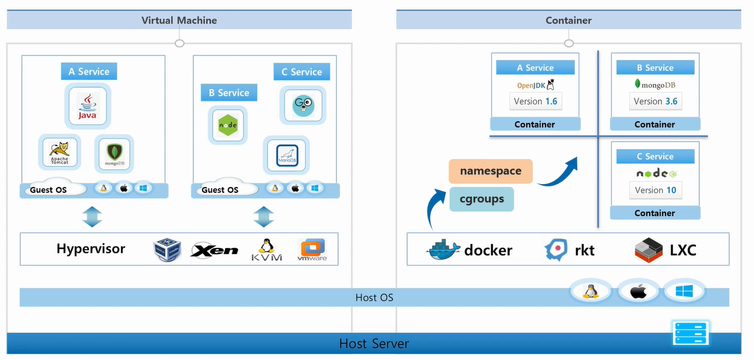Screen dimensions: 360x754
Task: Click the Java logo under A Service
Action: (88, 105)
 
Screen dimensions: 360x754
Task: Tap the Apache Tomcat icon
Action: (59, 154)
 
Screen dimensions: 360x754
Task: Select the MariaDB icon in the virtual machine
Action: (286, 156)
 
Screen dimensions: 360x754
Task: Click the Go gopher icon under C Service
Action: (303, 105)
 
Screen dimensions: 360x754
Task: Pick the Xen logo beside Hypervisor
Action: (214, 250)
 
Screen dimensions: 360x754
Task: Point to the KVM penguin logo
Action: (267, 250)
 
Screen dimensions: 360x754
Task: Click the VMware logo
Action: (312, 250)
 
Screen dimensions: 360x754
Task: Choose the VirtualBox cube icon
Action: (167, 250)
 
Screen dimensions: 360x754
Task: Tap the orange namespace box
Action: (490, 171)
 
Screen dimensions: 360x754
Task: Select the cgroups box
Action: (482, 199)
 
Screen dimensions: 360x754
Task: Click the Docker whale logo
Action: (444, 250)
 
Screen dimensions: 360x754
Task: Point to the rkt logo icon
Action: (556, 250)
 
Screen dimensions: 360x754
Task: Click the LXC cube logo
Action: (649, 250)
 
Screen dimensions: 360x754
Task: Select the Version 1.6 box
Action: (536, 101)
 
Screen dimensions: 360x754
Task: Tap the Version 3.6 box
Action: (656, 101)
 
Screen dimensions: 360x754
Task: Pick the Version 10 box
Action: (656, 190)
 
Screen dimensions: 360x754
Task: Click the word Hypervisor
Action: (91, 249)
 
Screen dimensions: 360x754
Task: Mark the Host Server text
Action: (374, 344)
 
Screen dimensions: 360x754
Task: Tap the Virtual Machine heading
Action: (179, 20)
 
